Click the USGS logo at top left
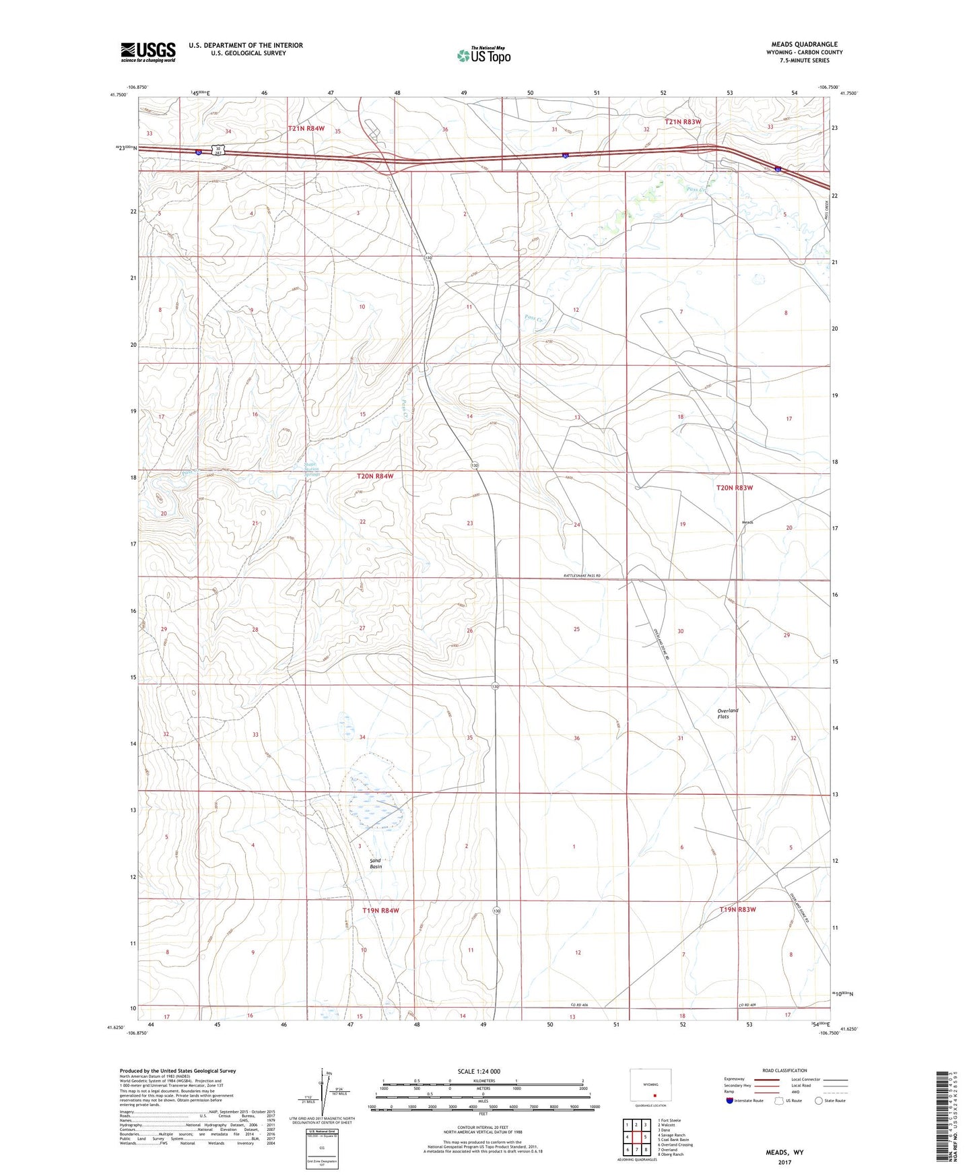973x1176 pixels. (148, 51)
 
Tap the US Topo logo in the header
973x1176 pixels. (483, 55)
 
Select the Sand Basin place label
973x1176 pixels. (376, 863)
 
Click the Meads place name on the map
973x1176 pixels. (747, 522)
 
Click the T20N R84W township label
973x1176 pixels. (375, 476)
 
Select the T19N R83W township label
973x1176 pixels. (737, 909)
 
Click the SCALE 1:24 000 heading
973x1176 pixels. (479, 1071)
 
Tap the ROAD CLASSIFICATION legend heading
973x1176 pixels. (784, 1070)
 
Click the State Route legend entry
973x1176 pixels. (830, 1101)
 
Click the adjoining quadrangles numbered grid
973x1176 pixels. (636, 1138)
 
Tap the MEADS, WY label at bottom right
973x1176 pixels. (784, 1152)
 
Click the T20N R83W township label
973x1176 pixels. (734, 488)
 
